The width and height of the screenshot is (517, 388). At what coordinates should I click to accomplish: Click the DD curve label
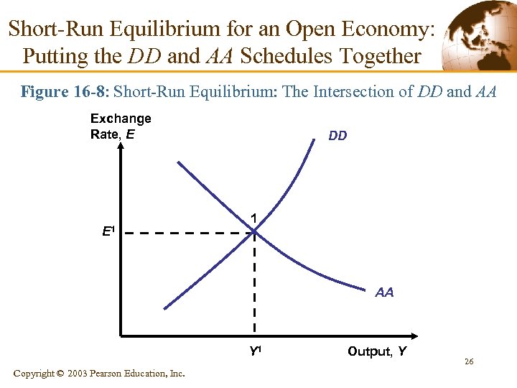click(x=337, y=135)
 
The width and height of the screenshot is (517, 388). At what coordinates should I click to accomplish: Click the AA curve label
click(x=384, y=292)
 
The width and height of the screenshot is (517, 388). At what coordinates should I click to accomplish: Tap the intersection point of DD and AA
click(x=255, y=232)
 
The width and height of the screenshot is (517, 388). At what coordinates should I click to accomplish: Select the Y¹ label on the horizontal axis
click(x=255, y=352)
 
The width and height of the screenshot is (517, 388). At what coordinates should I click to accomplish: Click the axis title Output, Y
click(x=377, y=351)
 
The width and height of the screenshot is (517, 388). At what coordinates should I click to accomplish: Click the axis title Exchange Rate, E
click(x=121, y=126)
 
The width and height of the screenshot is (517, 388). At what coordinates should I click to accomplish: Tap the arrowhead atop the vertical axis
click(x=121, y=148)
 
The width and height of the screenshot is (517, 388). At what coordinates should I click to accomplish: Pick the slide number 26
click(x=468, y=361)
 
